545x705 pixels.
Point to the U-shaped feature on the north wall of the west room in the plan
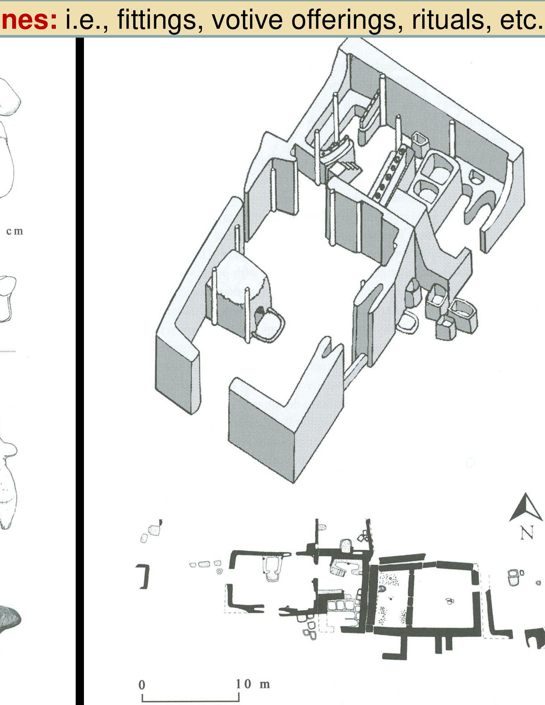pos(273,569)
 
